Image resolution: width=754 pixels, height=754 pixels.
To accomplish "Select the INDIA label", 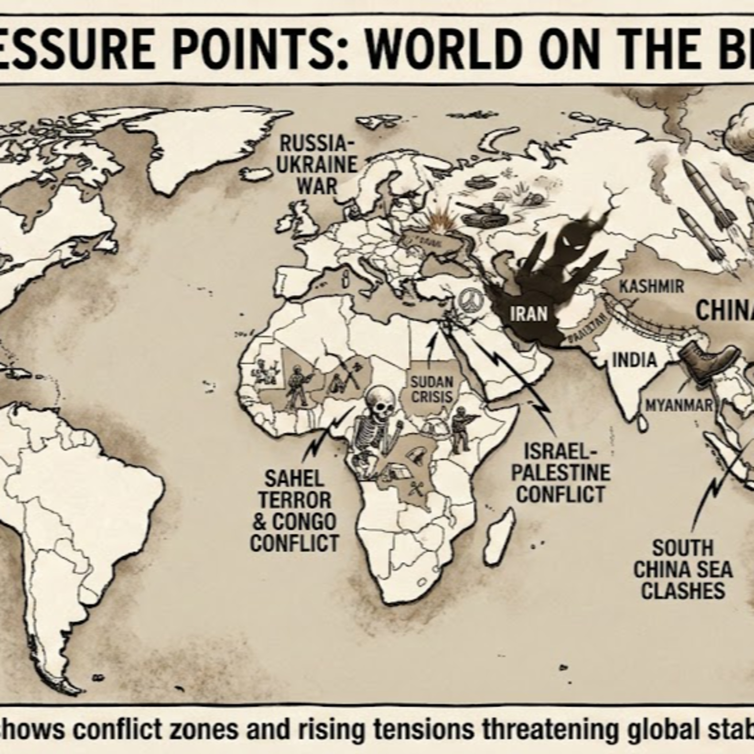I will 634,360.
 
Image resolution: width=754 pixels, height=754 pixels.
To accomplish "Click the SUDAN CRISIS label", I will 432,389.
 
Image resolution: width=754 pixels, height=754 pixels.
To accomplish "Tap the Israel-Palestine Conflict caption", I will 561,473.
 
